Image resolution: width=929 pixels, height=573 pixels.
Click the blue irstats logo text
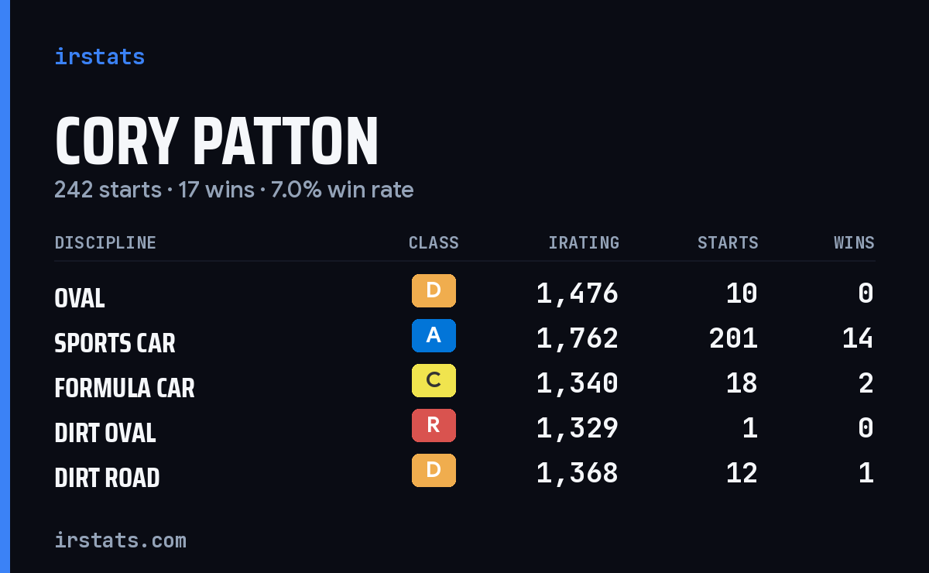click(x=100, y=57)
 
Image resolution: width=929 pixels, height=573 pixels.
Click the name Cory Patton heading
click(x=217, y=141)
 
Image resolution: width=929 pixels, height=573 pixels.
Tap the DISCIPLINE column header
click(x=105, y=242)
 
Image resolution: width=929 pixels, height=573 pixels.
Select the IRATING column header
click(x=584, y=242)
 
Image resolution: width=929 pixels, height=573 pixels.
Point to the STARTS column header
click(x=728, y=242)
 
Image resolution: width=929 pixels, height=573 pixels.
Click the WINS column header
click(x=855, y=242)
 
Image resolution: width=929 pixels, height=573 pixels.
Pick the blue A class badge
click(x=434, y=335)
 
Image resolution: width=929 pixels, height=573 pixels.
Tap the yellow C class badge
click(x=434, y=380)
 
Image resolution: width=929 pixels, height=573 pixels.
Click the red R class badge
click(x=434, y=425)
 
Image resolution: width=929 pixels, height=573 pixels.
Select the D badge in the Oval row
click(x=434, y=291)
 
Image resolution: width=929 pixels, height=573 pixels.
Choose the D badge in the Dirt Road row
click(x=434, y=470)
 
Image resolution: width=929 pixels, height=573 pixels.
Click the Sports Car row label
click(x=115, y=343)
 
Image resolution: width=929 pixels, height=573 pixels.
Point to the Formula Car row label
click(x=125, y=388)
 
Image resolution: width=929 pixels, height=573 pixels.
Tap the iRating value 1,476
click(x=578, y=293)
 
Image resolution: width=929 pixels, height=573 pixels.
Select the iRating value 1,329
click(x=578, y=428)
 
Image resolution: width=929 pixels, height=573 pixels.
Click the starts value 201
click(x=733, y=338)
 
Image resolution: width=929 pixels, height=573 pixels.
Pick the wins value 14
click(x=858, y=338)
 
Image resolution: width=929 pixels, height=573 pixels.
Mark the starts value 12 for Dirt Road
click(x=742, y=472)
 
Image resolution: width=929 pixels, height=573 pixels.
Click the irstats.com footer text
click(x=121, y=540)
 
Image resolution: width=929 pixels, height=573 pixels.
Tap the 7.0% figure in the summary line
click(x=296, y=190)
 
